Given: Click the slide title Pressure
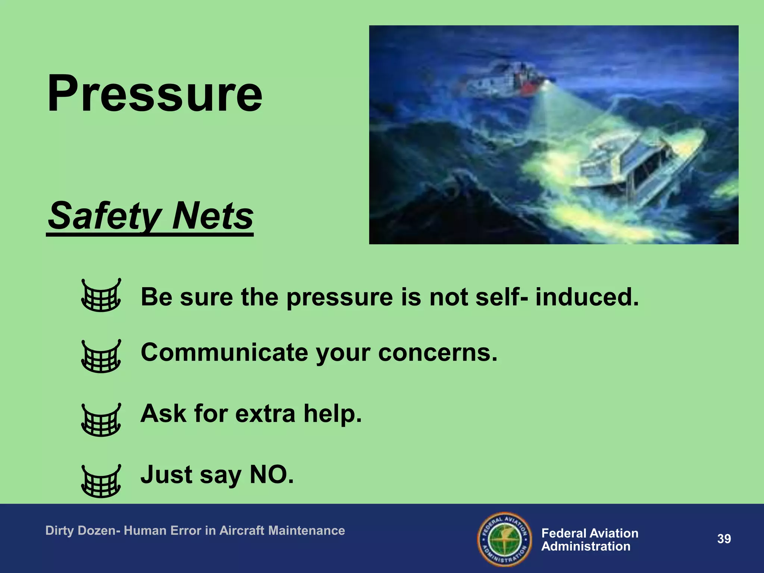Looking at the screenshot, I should click(x=155, y=93).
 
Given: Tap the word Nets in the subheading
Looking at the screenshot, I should click(x=213, y=216).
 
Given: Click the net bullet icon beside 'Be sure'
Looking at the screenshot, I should click(x=101, y=295).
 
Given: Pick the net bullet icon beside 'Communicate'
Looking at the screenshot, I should click(x=101, y=357).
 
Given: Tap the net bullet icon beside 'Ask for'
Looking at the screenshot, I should click(x=101, y=420).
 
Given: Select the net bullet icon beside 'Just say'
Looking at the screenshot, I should click(x=101, y=482).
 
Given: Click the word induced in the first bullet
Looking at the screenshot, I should click(x=587, y=297).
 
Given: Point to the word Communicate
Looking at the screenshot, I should click(x=224, y=352).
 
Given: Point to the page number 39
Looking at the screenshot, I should click(x=724, y=539).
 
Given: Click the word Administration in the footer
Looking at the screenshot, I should click(x=586, y=547).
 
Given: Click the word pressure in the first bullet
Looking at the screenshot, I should click(x=339, y=298).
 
